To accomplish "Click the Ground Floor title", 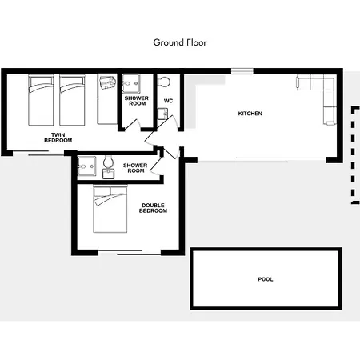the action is coord(180,42).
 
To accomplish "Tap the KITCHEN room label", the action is coord(250,114).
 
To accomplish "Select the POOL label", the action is coord(266,279).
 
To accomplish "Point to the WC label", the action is coord(168,101).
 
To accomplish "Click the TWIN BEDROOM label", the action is coord(58,138).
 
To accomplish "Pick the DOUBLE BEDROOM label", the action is coord(153,208).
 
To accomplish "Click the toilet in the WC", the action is coord(164,82).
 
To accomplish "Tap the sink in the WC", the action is coord(162,114).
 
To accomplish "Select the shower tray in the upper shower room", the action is coord(130,83).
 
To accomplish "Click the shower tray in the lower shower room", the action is coord(86,166).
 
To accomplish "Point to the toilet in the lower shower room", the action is coord(108,167).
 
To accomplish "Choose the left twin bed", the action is coord(41,101).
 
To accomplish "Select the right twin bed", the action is coord(72,101).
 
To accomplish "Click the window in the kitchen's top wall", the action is coord(242,71).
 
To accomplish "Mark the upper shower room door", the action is coord(133,125).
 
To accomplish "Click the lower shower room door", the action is coord(156,166).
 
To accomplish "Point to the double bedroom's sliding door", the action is coord(130,253).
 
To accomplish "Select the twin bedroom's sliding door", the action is coord(38,153).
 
